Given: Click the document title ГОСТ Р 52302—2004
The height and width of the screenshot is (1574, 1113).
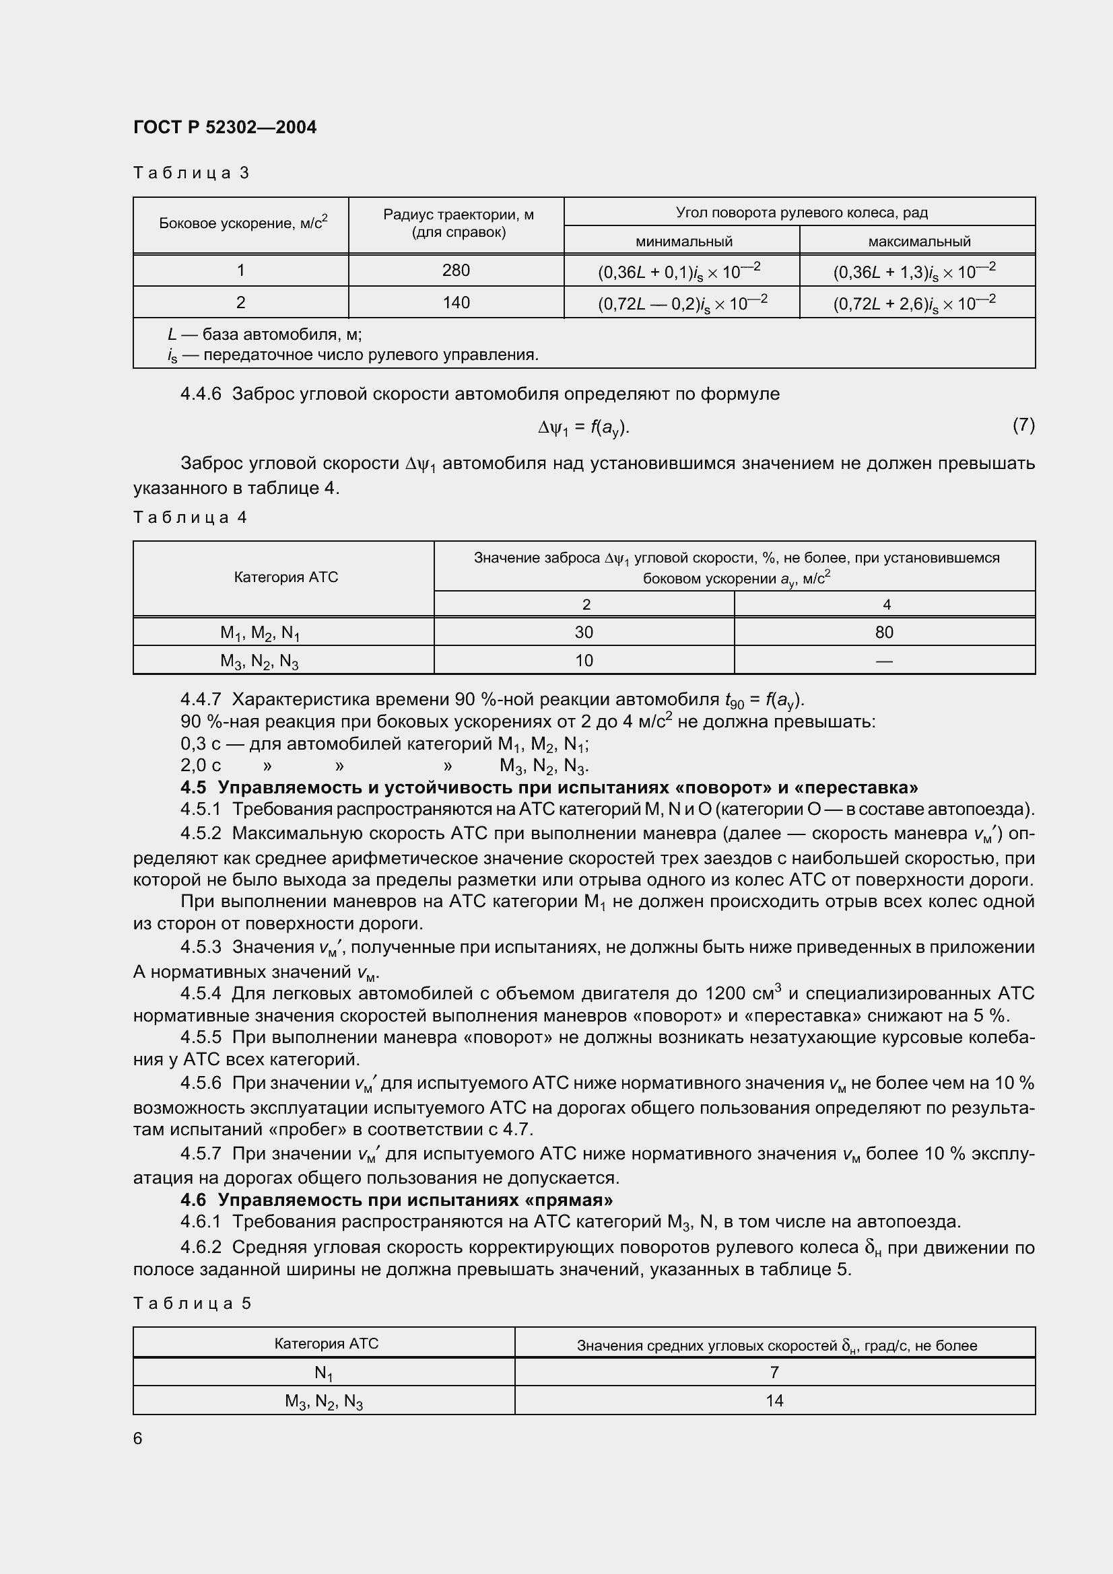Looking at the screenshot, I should coord(225,127).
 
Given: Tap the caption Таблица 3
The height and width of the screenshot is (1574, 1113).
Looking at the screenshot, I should coord(191,173).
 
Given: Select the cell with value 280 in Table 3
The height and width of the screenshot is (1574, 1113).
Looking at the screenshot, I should coord(456,270).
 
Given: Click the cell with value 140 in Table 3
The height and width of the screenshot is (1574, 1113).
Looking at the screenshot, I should coord(456,302).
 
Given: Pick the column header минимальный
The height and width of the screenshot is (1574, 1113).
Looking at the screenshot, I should coord(683,242).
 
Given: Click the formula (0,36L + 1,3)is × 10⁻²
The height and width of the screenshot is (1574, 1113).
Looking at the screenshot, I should coord(914,271).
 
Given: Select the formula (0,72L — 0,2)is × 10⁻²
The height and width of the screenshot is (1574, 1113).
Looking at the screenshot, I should coord(682,302).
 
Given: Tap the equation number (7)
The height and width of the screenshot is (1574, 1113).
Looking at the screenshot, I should coord(1023,425).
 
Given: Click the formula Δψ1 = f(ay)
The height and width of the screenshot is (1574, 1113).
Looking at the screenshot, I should coord(584,428).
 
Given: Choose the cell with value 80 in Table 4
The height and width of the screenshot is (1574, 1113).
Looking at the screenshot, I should coord(884,632).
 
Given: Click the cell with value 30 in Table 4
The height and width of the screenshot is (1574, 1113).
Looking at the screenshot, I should coord(584,632).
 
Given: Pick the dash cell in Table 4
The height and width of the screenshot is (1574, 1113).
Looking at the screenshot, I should coord(884,661).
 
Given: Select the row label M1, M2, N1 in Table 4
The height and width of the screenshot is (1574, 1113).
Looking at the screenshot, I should coord(259,633).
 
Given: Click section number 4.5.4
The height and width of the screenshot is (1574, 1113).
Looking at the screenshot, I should coord(200,993).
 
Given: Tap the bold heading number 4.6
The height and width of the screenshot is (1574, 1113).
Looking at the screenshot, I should coord(193,1200).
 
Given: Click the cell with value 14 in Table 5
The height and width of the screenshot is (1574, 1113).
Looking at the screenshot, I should coord(774,1400).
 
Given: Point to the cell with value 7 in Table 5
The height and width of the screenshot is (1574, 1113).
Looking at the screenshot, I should coord(774,1371).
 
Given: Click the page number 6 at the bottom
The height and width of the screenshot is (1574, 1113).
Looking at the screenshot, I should coord(138,1438).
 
